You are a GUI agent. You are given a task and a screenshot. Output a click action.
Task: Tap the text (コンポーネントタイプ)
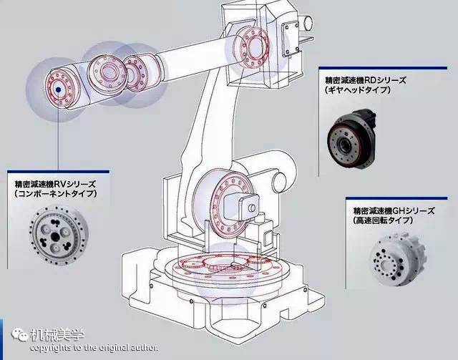click(55, 194)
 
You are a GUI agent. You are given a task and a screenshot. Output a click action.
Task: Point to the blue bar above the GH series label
click(401, 200)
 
